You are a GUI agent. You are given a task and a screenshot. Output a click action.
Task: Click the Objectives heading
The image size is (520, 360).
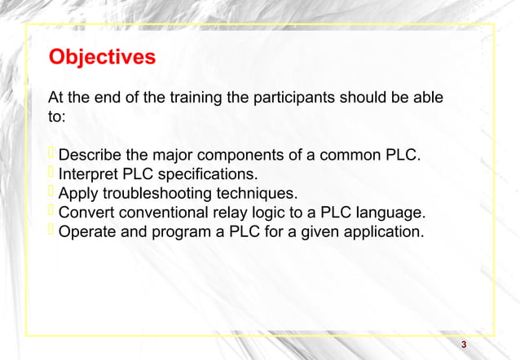click(x=102, y=59)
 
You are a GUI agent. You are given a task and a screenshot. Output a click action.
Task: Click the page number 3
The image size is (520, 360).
click(x=464, y=345)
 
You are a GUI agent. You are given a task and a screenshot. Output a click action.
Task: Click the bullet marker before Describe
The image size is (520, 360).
click(x=52, y=155)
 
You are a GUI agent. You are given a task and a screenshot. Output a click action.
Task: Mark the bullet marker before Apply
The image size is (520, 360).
click(x=52, y=193)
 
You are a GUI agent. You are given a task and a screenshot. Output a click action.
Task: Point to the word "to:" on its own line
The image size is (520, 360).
click(x=57, y=118)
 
